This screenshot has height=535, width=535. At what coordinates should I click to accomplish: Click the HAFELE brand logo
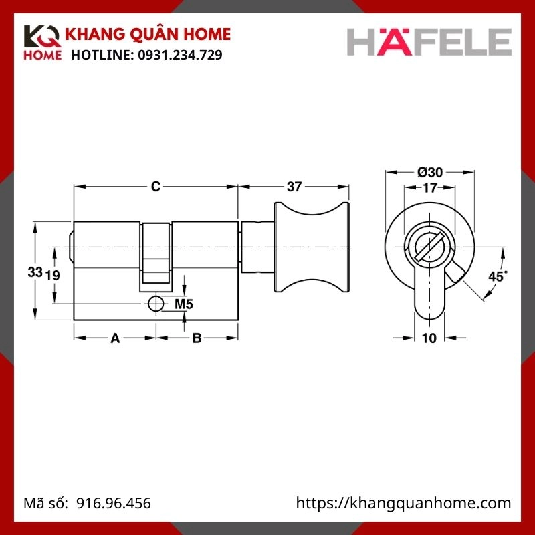click(429, 41)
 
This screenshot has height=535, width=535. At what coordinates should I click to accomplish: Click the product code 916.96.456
click(114, 503)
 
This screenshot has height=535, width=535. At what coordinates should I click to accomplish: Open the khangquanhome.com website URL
click(403, 503)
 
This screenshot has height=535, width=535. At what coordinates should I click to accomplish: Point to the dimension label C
click(155, 187)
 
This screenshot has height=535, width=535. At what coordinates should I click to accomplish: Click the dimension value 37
click(294, 187)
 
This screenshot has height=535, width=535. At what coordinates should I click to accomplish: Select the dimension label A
click(114, 338)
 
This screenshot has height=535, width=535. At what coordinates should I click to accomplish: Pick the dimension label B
click(197, 338)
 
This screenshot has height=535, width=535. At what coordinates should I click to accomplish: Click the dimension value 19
click(53, 275)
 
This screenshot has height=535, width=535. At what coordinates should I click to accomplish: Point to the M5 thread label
click(183, 304)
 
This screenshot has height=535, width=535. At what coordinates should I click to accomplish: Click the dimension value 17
click(430, 189)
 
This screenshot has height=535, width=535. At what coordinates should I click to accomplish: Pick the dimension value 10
click(429, 338)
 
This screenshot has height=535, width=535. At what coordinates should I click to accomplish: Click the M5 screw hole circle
click(155, 304)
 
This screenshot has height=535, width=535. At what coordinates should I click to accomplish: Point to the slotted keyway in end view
click(429, 248)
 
